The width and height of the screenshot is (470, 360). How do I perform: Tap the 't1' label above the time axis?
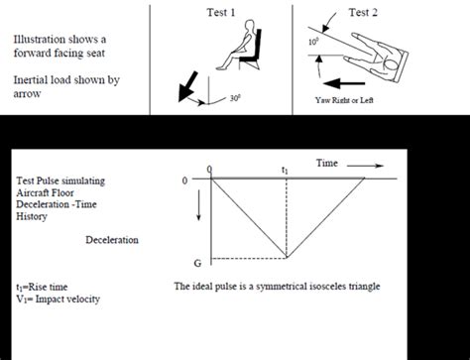click(x=286, y=170)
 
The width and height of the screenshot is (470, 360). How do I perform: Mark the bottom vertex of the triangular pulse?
click(x=288, y=259)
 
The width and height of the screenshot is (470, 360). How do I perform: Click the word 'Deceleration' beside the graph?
click(x=111, y=240)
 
